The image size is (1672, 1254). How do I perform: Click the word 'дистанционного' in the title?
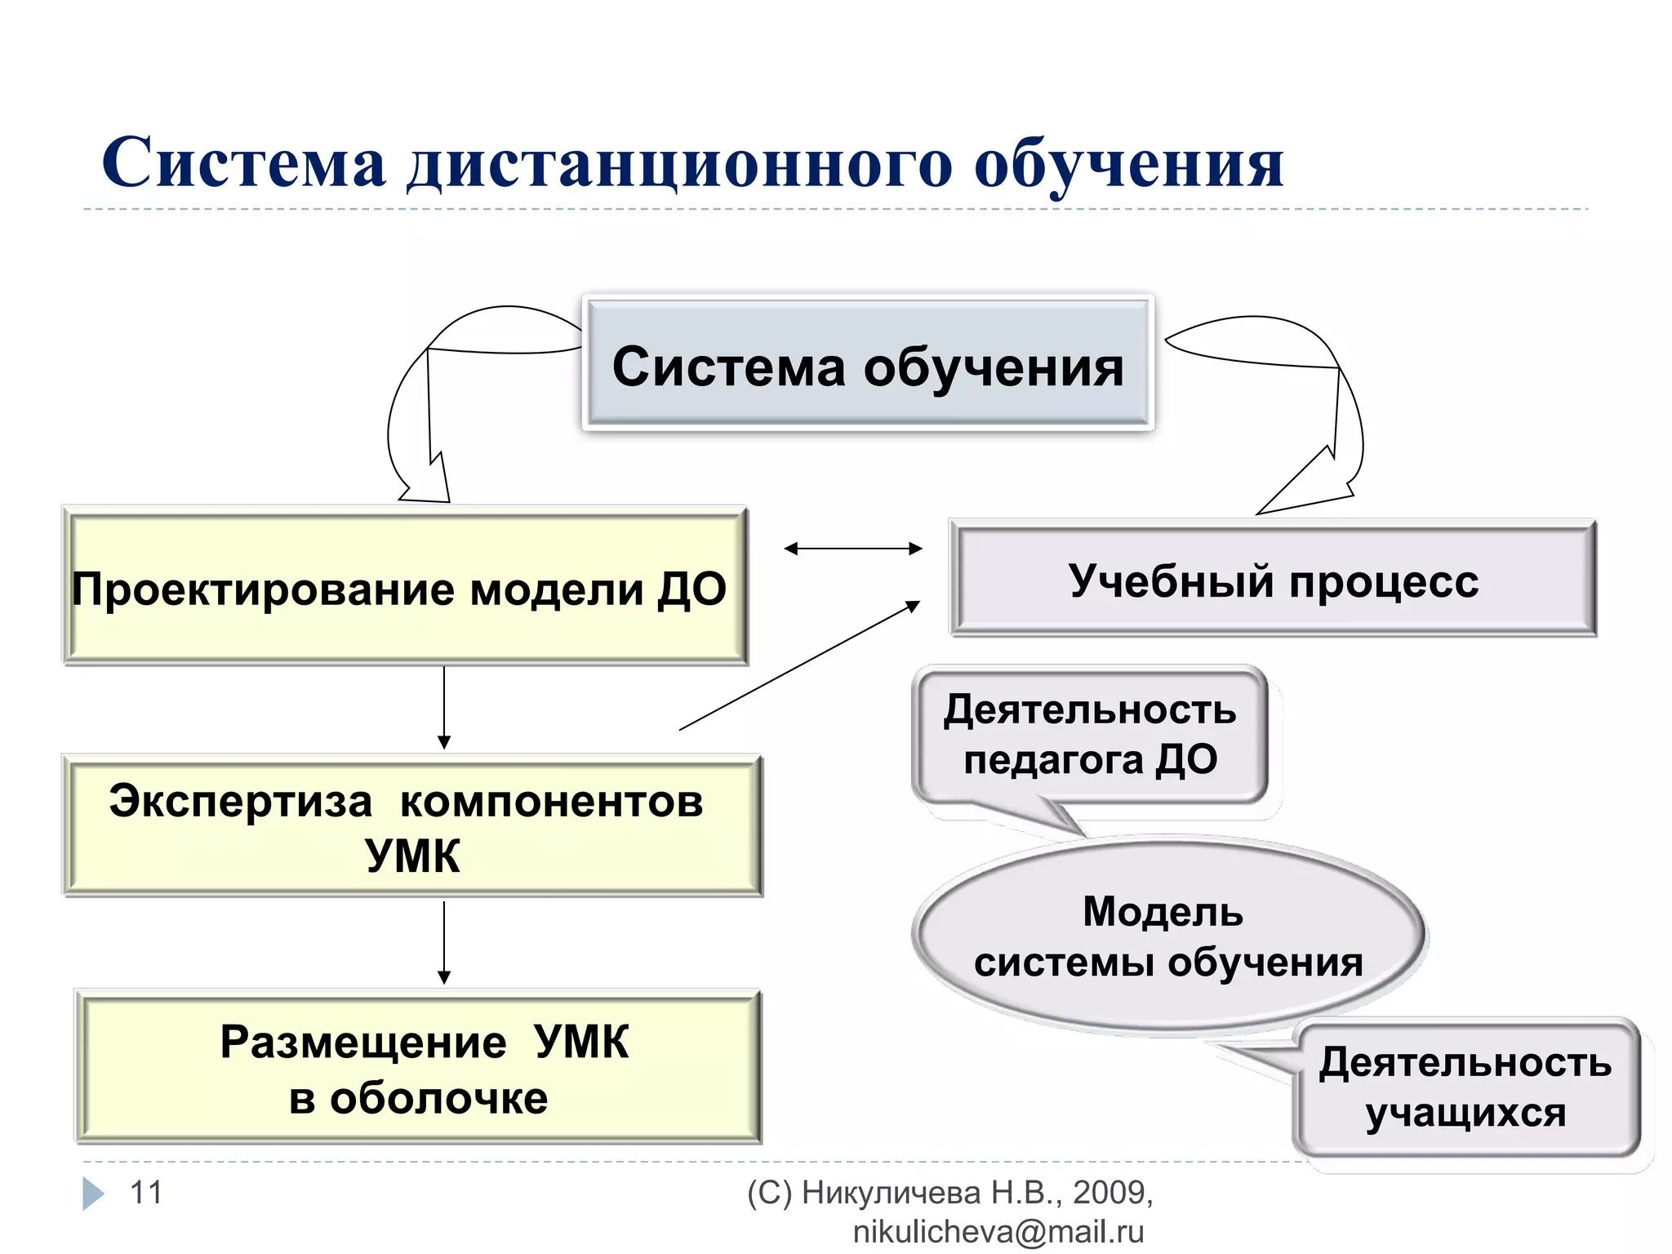pos(679,164)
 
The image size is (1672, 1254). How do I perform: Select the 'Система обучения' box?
pos(868,365)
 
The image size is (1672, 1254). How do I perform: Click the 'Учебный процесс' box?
pos(1273,580)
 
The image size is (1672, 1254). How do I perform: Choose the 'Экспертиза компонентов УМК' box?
pos(411,826)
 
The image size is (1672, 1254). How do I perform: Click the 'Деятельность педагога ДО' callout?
pos(1090,735)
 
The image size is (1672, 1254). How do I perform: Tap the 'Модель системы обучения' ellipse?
pos(1167,936)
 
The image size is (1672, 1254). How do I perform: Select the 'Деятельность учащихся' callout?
pos(1466,1087)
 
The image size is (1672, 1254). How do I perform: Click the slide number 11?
pos(146,1193)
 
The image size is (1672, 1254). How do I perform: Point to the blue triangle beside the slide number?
pos(93,1194)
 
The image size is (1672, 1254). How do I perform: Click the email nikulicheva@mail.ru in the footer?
pos(998,1232)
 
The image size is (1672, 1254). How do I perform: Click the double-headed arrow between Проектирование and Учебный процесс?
pos(852,549)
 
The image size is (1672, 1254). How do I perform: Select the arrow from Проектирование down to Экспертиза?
pos(444,707)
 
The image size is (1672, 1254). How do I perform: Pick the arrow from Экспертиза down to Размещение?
pos(444,942)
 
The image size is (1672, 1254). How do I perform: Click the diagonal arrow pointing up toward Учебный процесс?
pos(800,665)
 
